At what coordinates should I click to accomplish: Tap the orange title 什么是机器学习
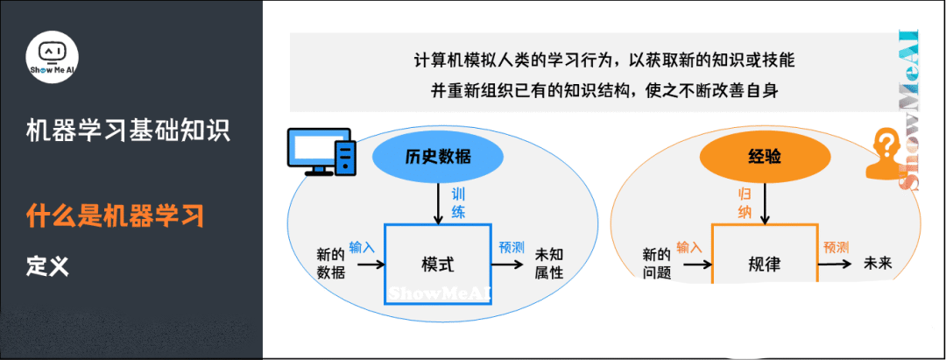click(115, 215)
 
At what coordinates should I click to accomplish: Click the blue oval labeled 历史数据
click(438, 157)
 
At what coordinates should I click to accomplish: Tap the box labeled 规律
click(764, 262)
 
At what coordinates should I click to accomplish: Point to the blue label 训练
click(458, 202)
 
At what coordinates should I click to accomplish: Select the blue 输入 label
click(362, 247)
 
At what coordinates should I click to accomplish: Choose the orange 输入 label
click(688, 247)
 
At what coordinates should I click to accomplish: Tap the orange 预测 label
click(836, 247)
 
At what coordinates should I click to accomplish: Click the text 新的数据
click(330, 264)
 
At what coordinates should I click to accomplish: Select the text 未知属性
click(548, 264)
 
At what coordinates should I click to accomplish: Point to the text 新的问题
click(656, 264)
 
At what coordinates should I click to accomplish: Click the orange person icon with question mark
click(886, 154)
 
